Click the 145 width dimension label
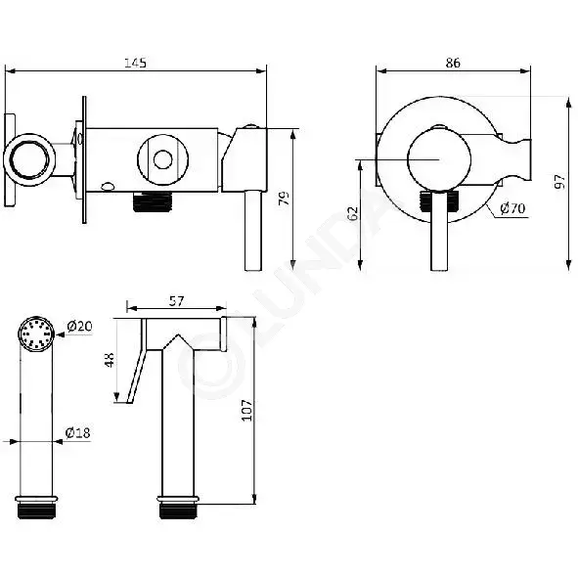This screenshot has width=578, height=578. point(135,63)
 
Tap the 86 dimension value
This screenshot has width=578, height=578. point(453,63)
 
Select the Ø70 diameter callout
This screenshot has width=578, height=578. point(512,208)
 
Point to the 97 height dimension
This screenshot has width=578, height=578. point(559,181)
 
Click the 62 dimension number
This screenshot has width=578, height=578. point(353,213)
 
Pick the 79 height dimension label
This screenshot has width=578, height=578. point(285,198)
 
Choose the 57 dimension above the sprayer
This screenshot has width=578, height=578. point(176,301)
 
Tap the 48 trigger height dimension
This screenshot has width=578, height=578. point(110,359)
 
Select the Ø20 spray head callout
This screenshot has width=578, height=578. point(79,326)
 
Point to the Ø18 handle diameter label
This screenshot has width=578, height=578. point(78,432)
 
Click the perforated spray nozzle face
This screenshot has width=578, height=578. point(36,333)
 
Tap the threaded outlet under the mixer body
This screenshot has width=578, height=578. point(152,201)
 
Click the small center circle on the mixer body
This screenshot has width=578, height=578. point(163,159)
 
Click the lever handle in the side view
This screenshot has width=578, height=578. point(253,231)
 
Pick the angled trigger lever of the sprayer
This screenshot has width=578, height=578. point(137,376)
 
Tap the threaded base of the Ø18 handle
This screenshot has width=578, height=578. point(36,509)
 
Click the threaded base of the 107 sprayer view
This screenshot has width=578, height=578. point(178,509)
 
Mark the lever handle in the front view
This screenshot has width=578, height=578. point(439,232)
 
